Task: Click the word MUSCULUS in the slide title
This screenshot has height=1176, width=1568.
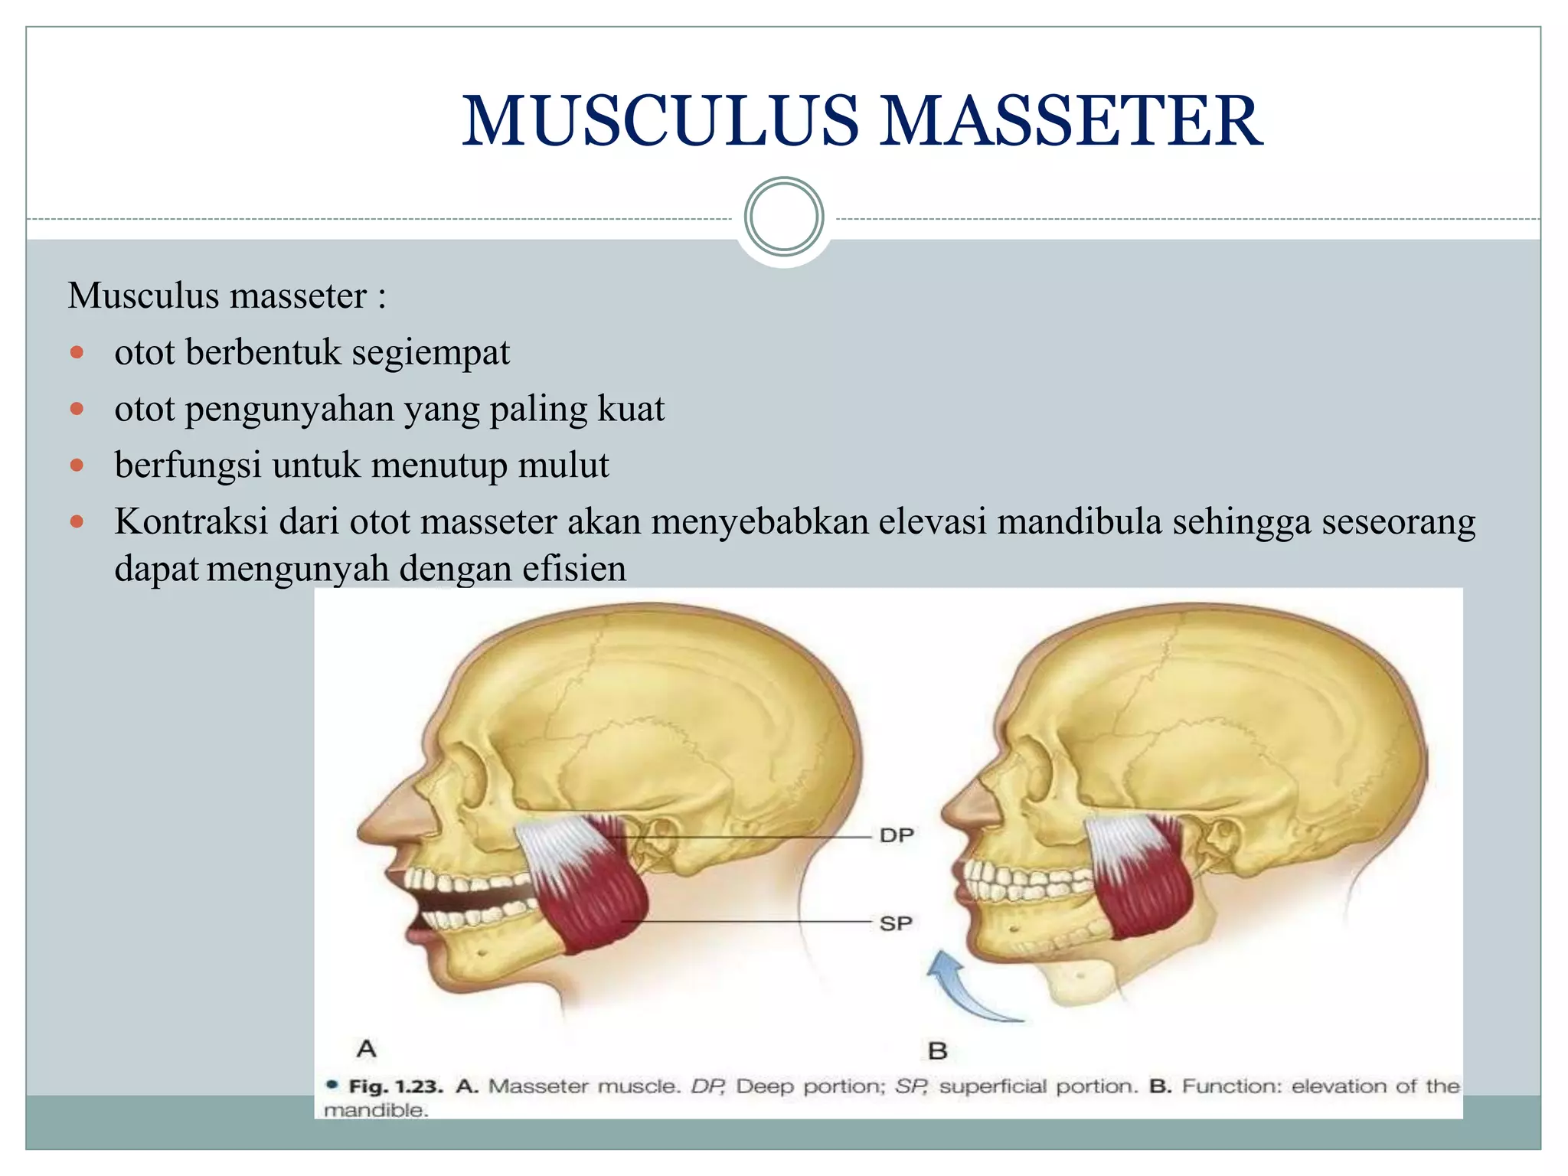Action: point(660,122)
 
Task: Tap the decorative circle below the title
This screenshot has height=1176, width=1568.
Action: point(784,217)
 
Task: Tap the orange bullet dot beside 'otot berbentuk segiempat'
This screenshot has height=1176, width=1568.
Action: point(77,353)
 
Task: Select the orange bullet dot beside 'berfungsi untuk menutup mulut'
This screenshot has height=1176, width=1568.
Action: point(77,465)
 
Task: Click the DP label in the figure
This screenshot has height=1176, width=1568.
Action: point(897,835)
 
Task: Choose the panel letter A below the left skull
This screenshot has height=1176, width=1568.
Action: point(367,1048)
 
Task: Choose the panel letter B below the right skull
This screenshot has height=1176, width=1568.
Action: point(938,1050)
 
